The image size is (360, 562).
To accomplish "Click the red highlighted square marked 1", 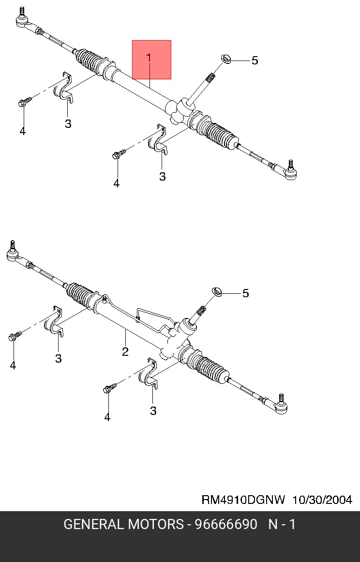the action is coord(151,60).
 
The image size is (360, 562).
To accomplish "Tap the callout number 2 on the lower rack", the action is coord(125,352).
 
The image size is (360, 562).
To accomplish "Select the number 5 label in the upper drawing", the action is coord(255,61).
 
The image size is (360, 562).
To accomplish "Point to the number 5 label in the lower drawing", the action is coord(245,293).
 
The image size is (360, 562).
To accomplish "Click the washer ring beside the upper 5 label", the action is coord(225,59).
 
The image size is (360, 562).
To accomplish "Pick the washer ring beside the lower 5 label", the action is coord(217,292).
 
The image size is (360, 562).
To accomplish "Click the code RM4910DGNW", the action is coord(243,500).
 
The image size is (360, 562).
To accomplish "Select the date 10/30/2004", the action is coord(322,500).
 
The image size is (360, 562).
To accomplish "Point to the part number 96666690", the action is coord(225,525).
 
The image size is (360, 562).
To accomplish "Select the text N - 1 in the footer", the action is coord(282,525).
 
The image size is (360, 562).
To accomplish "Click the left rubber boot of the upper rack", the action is coord(92,61).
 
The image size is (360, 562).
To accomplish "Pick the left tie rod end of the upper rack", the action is coord(23,20).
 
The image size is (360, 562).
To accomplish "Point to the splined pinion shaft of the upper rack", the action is coord(210,77).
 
